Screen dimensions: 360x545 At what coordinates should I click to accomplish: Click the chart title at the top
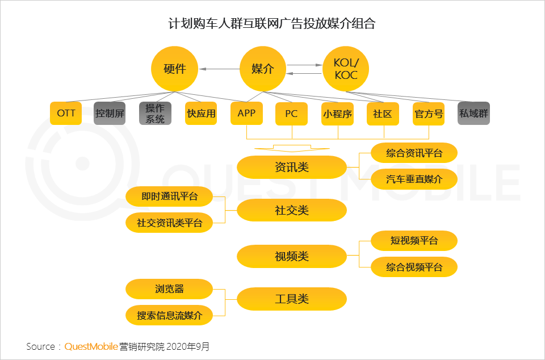coord(272,24)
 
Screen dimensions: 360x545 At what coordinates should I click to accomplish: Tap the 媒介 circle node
coord(262,69)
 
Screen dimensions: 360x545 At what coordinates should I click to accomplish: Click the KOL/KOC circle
coord(346,69)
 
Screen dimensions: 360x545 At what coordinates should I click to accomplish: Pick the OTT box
coord(66,113)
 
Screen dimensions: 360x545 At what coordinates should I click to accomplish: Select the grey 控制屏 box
coord(110,113)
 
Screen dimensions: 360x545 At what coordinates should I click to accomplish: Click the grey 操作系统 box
coord(155,113)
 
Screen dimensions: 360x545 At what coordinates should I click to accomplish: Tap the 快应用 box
coord(201,113)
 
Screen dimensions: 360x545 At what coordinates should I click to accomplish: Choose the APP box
coord(246,113)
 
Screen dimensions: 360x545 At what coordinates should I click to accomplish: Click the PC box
coord(291,113)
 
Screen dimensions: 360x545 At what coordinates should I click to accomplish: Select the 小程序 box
coord(337,113)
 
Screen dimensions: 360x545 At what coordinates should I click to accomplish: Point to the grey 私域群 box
coord(473,113)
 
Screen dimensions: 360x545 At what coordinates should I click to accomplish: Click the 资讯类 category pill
coord(291,167)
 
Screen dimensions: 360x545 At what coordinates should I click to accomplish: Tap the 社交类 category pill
coord(291,211)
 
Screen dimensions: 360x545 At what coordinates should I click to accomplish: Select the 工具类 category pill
coord(291,299)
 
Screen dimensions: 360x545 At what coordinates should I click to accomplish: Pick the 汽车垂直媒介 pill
coord(414,179)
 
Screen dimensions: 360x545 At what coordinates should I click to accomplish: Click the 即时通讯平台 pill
coord(169,197)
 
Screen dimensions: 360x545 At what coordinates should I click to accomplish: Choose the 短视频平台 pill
coord(414,241)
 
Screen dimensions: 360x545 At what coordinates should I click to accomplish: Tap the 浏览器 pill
coord(169,289)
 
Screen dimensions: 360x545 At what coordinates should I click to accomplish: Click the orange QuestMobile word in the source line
coord(91,346)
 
